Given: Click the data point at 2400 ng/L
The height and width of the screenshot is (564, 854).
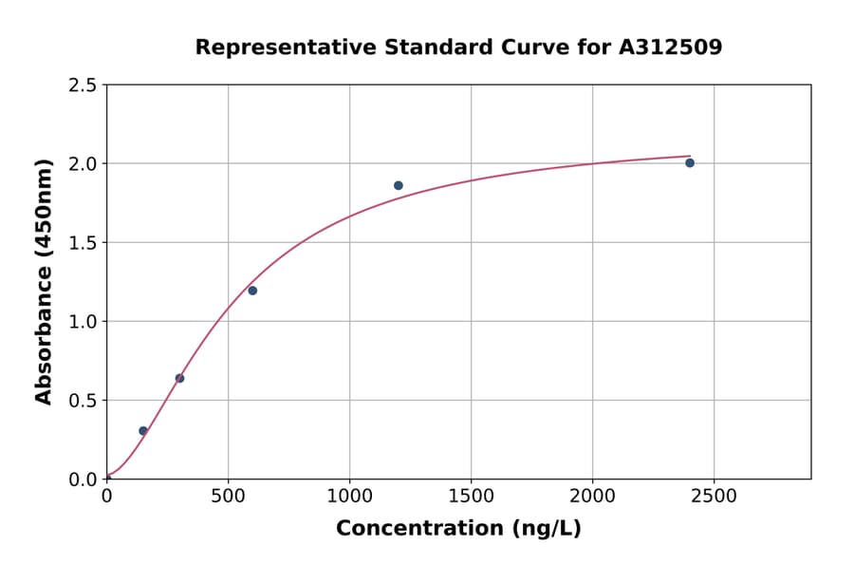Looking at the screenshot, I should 690,163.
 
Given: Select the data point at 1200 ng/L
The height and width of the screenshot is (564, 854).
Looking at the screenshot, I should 399,185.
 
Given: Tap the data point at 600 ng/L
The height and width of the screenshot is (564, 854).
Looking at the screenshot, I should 252,291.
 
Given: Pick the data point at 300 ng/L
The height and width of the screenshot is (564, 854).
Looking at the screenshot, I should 179,378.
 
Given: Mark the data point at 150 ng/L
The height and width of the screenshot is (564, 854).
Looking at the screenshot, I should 143,431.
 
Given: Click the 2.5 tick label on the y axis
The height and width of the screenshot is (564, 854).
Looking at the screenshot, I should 83,85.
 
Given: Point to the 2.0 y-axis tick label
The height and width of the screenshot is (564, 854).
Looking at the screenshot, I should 83,164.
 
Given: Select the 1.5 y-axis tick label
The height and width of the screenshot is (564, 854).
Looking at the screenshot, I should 83,243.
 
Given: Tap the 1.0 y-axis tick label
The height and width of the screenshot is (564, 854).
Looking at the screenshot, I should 83,322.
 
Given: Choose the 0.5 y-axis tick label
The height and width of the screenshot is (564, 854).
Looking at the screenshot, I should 83,401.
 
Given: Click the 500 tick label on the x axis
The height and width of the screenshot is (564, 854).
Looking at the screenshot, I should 228,497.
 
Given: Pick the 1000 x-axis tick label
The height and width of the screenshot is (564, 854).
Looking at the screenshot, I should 349,497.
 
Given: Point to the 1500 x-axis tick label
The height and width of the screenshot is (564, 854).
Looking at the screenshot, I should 471,497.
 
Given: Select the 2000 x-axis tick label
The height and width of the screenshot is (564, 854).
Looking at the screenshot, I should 592,497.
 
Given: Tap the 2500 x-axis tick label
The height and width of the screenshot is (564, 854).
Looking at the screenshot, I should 714,497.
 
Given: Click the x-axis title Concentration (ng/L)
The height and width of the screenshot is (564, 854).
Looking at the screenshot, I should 458,529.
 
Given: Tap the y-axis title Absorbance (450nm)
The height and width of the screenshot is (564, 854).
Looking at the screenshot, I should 45,281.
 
